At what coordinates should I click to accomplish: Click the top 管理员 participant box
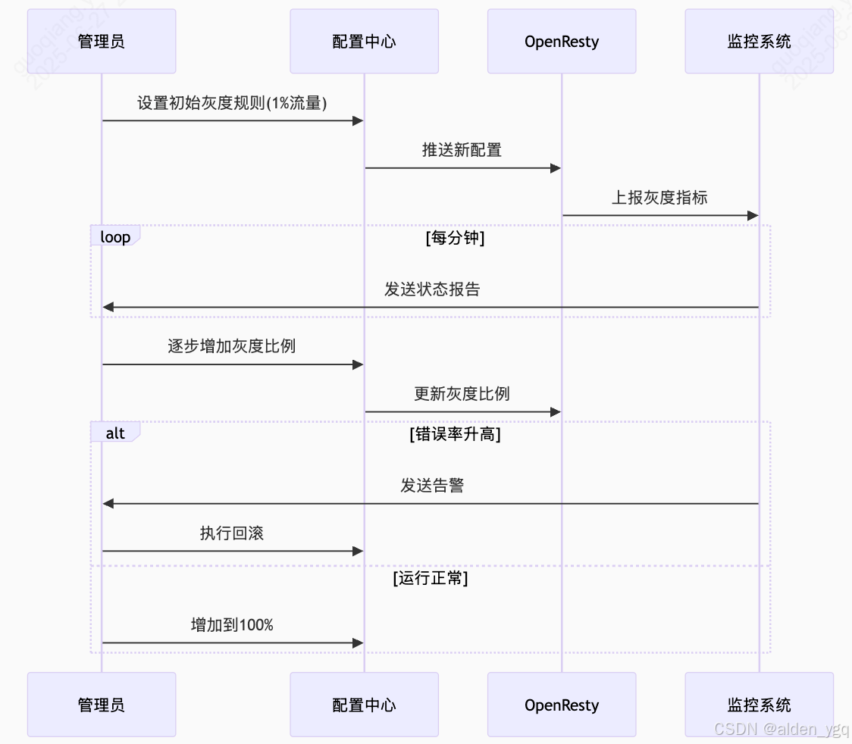102,42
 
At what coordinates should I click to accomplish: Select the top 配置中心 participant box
364,42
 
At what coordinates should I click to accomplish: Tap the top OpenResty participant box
562,42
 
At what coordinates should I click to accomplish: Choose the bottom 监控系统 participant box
759,705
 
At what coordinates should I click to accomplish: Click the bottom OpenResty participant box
562,705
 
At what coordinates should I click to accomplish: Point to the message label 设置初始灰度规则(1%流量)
232,103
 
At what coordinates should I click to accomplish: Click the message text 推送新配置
462,150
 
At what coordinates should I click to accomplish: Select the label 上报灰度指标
659,198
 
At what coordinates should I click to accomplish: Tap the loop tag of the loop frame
115,237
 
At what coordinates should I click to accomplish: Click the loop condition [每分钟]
455,238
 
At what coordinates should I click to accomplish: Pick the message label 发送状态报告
431,289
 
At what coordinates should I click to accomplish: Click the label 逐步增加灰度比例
232,346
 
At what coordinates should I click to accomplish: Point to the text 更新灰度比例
462,394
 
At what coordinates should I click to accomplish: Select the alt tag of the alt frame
115,433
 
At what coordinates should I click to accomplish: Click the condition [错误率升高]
455,434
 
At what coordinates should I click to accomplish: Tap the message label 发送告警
431,486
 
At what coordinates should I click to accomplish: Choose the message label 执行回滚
232,533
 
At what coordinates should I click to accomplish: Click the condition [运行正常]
431,578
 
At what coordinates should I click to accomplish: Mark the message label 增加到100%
232,625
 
